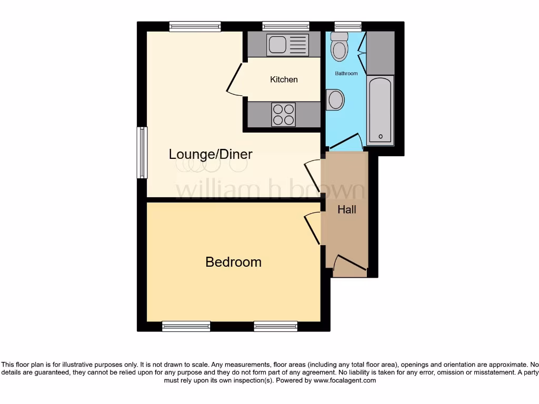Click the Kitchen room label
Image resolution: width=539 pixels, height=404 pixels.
coord(284,79)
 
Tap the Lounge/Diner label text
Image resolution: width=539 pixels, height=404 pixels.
coord(211,154)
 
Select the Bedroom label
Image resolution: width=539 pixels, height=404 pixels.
coord(233,262)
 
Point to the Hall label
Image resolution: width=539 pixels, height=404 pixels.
coord(347,209)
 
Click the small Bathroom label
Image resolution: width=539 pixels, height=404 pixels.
coord(346,74)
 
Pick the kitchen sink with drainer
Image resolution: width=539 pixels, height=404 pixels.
coord(287,45)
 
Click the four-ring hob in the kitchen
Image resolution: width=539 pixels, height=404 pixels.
coord(283,114)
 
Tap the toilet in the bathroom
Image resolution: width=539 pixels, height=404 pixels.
coord(340,47)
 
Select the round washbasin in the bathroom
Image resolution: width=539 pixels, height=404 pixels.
coord(335,100)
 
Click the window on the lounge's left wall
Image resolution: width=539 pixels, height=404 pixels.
coord(141,153)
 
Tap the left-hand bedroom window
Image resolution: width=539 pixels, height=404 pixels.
coord(186,326)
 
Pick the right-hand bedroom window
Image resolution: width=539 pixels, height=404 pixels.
coord(275,326)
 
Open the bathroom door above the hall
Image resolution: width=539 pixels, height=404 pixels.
coord(345,141)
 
